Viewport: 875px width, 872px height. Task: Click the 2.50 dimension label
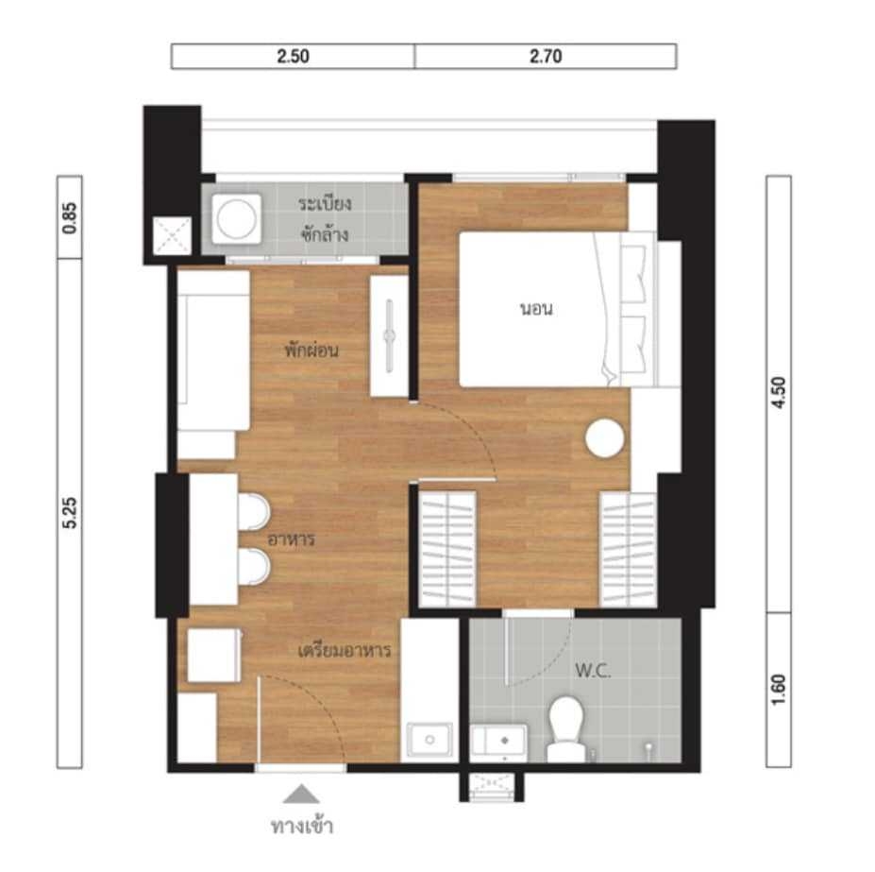[x=293, y=57]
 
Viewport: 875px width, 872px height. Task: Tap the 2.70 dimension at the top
[x=546, y=57]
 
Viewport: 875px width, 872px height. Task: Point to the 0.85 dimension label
[x=70, y=218]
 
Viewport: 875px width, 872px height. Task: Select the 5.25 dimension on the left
[x=70, y=512]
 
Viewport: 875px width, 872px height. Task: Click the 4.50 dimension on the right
[x=779, y=393]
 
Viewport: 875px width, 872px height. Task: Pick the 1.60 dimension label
[x=779, y=690]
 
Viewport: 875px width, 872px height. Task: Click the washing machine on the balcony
[x=237, y=219]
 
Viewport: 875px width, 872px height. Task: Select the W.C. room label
[x=593, y=671]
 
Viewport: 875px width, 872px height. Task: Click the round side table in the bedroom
[x=604, y=438]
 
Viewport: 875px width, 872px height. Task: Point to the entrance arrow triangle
[x=301, y=794]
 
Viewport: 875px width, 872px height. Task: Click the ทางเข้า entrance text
[x=302, y=826]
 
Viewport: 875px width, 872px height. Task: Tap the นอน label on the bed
[x=536, y=309]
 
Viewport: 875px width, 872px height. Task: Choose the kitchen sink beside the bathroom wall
[x=429, y=740]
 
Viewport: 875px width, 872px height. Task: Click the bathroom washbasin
[x=498, y=741]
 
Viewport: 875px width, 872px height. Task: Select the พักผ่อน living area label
[x=311, y=351]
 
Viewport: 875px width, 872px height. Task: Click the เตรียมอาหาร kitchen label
[x=345, y=651]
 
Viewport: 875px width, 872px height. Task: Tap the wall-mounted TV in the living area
[x=390, y=335]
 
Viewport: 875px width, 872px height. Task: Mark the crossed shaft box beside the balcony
[x=173, y=236]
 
